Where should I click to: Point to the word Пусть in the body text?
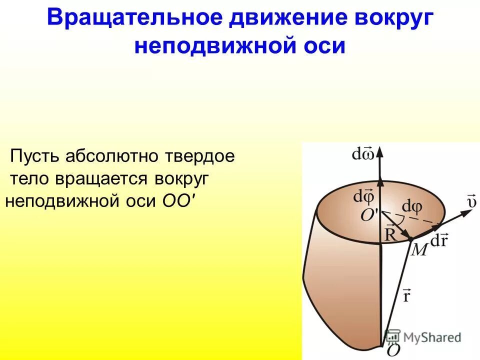click(x=35, y=156)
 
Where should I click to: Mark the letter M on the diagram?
click(x=418, y=249)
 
